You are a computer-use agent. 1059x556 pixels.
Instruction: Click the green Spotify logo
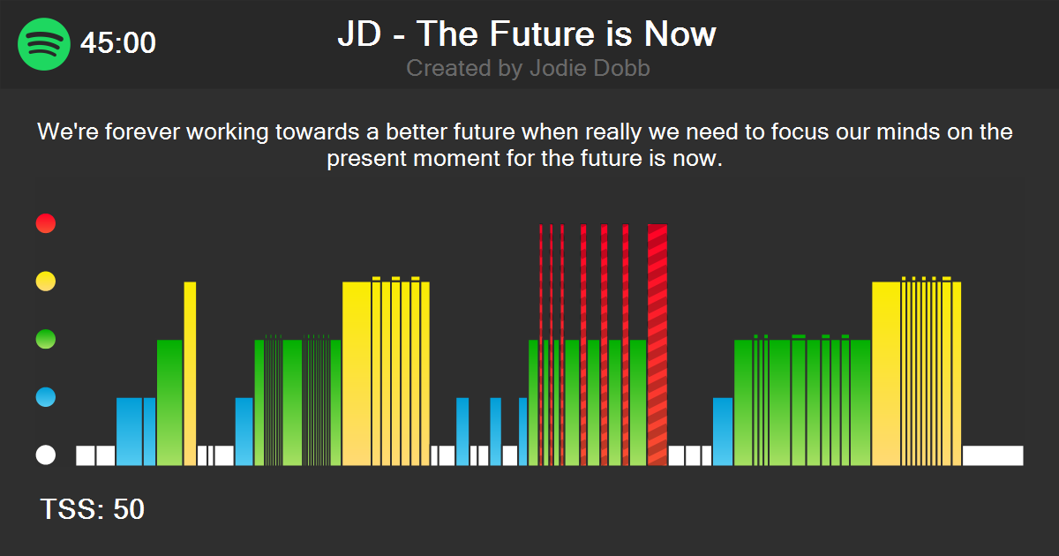tap(44, 42)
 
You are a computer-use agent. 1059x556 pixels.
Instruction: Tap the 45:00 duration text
tap(118, 43)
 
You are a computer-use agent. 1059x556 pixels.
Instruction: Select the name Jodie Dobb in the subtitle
tap(590, 68)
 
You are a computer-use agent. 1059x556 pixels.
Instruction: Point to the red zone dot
tap(45, 223)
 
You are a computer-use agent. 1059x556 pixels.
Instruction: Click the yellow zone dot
tap(45, 282)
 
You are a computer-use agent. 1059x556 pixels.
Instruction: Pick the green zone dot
tap(45, 339)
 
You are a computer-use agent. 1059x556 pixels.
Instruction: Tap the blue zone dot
tap(45, 397)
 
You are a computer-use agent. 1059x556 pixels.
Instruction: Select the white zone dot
tap(45, 455)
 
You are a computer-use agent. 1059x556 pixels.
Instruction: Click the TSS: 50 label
tap(92, 509)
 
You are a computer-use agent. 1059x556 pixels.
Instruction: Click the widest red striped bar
tap(657, 344)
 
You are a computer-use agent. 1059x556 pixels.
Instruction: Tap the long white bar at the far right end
tap(993, 455)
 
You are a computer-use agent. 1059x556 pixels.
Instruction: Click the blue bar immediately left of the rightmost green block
tap(723, 431)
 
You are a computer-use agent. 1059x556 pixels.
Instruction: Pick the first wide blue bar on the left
tap(129, 431)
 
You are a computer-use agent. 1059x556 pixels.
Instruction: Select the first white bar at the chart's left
tap(86, 455)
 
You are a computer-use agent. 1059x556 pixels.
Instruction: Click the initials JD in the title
tap(358, 34)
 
